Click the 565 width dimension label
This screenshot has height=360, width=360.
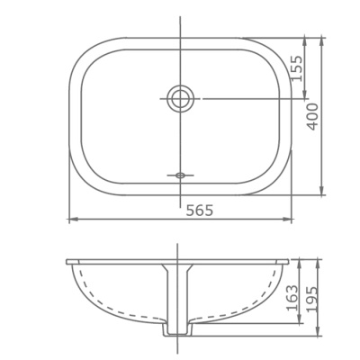tap(199, 211)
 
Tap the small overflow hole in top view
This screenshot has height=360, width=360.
tap(180, 174)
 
